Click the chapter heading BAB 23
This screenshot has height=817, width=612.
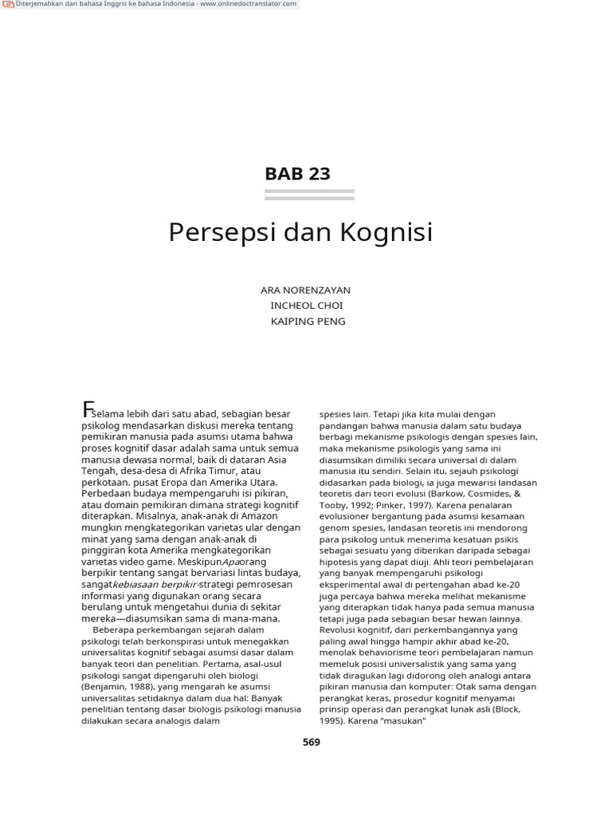296,174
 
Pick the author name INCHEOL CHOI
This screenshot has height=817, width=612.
307,306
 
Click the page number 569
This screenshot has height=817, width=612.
311,742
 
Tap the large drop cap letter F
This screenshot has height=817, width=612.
87,410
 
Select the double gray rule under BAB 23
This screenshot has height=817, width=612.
309,195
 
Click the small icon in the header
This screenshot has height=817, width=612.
11,4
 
